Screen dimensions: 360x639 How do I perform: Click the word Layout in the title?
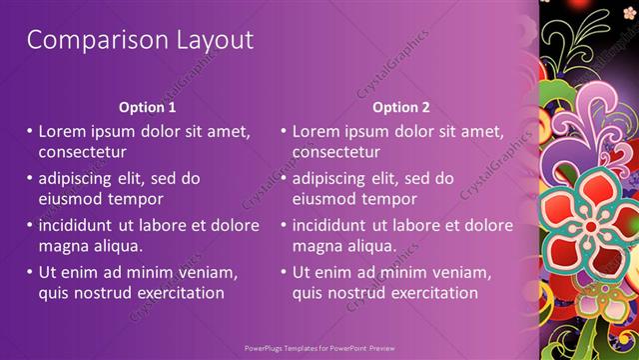coord(206,40)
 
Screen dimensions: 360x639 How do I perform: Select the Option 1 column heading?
coord(147,107)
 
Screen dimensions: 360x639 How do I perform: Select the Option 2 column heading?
coord(400,107)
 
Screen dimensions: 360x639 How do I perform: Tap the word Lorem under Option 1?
coord(65,131)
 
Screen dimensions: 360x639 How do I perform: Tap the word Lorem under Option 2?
coord(319,131)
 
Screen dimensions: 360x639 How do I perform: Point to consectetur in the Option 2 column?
coord(335,152)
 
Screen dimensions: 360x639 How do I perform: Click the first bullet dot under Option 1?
coord(30,131)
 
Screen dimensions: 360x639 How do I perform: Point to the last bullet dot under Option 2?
coord(284,272)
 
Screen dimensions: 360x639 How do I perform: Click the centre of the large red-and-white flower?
coord(590,225)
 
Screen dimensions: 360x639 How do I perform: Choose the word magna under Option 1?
coord(63,246)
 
